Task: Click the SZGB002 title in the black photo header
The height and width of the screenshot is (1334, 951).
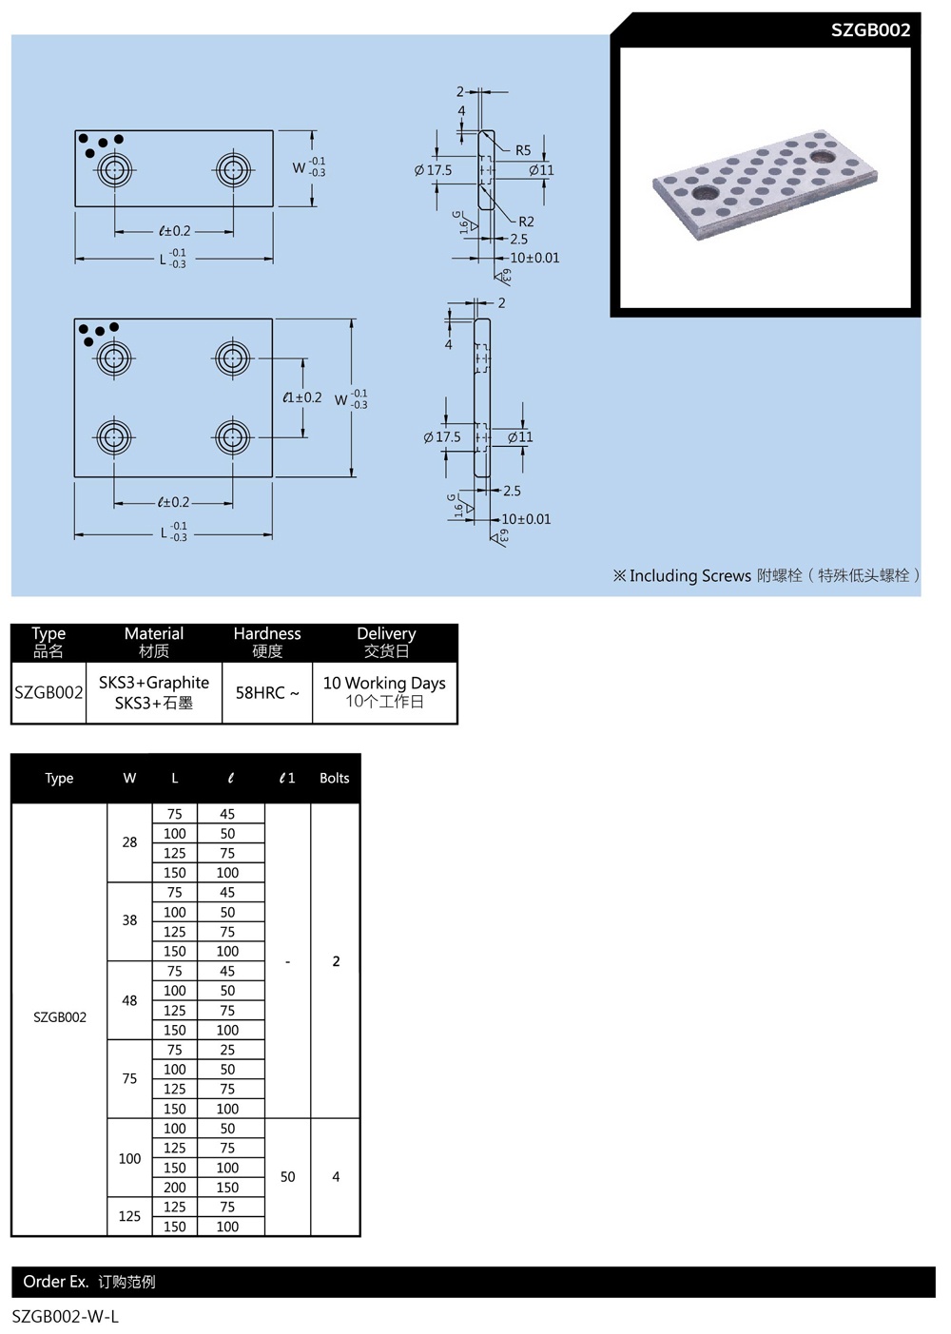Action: [x=870, y=29]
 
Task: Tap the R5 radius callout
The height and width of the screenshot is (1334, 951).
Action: [x=523, y=150]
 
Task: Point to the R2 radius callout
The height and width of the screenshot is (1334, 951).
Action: [x=526, y=222]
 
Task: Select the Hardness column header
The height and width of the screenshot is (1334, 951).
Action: [x=267, y=642]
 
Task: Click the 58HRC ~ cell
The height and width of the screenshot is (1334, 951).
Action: [x=267, y=693]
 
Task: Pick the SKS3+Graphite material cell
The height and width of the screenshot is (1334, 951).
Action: [x=154, y=692]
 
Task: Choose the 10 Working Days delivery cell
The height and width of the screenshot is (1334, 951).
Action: [x=384, y=691]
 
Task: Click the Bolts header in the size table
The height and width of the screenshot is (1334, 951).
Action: [x=335, y=778]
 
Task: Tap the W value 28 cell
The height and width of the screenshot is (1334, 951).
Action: [x=129, y=842]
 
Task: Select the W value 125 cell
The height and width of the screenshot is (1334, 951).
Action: [x=129, y=1216]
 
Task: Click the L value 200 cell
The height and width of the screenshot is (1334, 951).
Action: [x=175, y=1188]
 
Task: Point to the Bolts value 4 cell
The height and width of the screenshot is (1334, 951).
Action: [x=336, y=1177]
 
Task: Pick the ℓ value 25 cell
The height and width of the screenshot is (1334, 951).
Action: [x=227, y=1050]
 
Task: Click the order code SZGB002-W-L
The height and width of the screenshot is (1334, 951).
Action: [x=66, y=1317]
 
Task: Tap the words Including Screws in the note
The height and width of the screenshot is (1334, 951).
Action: [x=689, y=575]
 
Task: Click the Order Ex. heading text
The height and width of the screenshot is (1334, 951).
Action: [x=55, y=1282]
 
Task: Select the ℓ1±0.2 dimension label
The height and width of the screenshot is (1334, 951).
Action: [x=302, y=397]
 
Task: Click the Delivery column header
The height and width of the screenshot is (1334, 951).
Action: [x=386, y=642]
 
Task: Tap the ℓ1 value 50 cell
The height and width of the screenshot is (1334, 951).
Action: [x=287, y=1177]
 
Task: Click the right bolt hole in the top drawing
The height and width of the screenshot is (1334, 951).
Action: [x=232, y=171]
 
